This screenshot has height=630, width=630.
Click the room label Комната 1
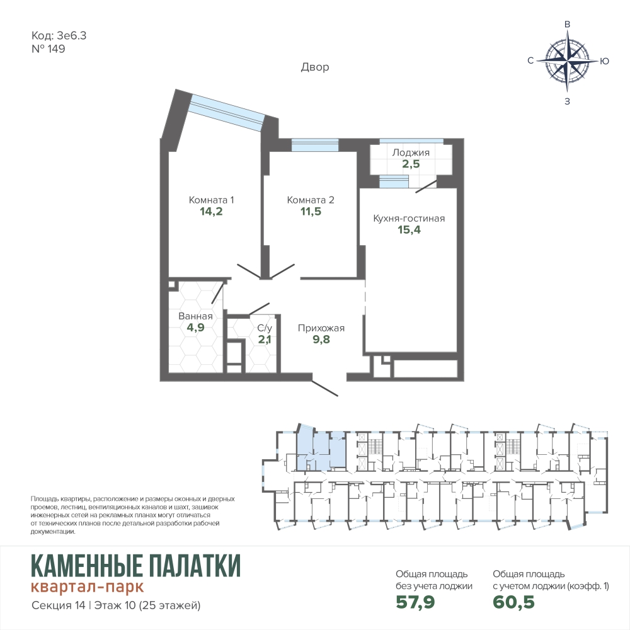click(211, 200)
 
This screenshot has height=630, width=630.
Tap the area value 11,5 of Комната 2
click(311, 211)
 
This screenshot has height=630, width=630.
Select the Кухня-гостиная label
click(409, 218)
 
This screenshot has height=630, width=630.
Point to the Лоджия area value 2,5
click(411, 164)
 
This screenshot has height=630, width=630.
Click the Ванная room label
click(195, 316)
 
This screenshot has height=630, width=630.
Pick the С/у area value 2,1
click(265, 340)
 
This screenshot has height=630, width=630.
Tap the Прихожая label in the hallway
click(321, 328)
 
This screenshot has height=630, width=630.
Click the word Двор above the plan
click(315, 67)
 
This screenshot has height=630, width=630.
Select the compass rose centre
click(568, 62)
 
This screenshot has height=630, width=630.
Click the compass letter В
click(568, 24)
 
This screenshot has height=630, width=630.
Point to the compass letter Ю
click(605, 61)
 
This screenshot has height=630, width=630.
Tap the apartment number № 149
click(49, 49)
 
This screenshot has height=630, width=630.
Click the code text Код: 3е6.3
click(59, 36)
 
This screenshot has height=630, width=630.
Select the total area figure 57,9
click(415, 602)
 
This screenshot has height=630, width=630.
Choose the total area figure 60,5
click(514, 602)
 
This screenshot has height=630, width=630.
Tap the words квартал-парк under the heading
click(87, 587)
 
